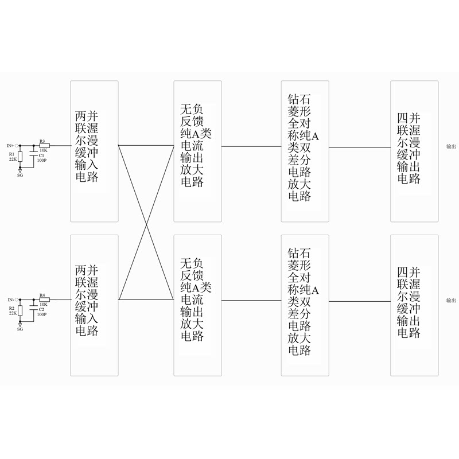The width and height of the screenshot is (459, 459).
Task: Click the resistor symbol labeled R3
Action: pos(44,146)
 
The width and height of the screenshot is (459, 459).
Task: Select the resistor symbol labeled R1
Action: pos(20,157)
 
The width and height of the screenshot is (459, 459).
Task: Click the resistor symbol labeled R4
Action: pos(44,299)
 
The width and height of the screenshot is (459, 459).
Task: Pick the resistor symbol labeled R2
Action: pos(20,310)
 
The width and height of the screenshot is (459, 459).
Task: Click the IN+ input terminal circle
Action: pos(17,146)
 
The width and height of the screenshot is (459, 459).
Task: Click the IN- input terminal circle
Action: pos(17,299)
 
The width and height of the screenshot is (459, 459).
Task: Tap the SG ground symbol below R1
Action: pos(20,170)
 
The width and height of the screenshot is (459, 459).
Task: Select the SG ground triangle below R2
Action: pos(20,324)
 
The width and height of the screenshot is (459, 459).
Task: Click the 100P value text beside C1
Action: pos(41,161)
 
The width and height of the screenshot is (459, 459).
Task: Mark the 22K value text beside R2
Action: pos(12,313)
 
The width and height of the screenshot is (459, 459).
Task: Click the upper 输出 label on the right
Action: pos(451,147)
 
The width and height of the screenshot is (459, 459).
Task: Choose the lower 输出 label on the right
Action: pos(451,300)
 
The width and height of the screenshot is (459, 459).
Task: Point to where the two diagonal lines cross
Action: pos(146,223)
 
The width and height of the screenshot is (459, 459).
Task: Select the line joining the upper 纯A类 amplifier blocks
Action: pos(251,146)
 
